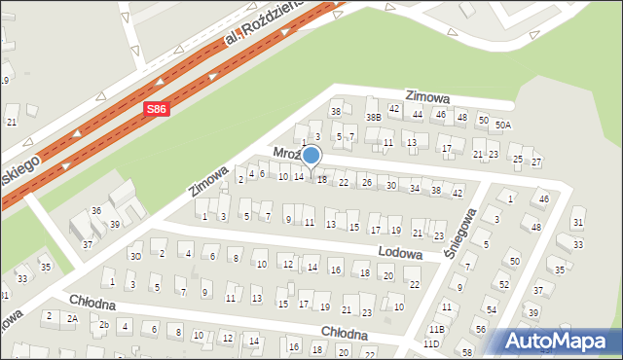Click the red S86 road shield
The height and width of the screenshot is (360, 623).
(159, 110)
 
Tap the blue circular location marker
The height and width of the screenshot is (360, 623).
(311, 155)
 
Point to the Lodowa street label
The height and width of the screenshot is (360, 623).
(401, 253)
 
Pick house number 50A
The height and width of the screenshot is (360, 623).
(502, 125)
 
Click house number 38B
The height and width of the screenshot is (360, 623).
(373, 117)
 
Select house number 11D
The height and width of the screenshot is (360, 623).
(431, 343)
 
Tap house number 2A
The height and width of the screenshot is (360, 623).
(72, 318)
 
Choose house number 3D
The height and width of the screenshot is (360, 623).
(136, 256)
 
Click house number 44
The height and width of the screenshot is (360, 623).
(418, 115)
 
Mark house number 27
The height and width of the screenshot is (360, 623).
(536, 161)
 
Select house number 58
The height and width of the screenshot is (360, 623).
(467, 351)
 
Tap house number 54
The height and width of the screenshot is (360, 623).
(491, 309)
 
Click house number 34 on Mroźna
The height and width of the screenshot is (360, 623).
(415, 188)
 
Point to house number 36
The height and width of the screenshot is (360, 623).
(96, 210)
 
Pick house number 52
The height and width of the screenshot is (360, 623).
(503, 284)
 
